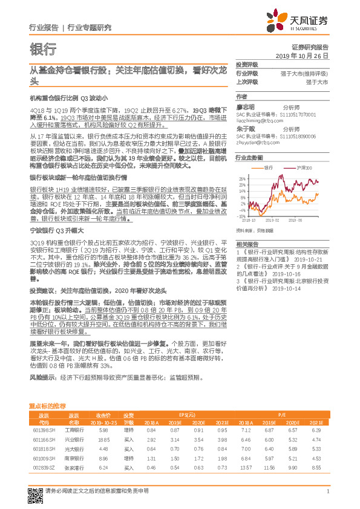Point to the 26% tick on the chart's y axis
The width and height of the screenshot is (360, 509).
pos(241,178)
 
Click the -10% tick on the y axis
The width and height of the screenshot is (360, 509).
pos(241,216)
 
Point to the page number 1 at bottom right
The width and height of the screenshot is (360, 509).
pos(327,493)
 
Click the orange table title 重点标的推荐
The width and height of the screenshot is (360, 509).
pos(47,406)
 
